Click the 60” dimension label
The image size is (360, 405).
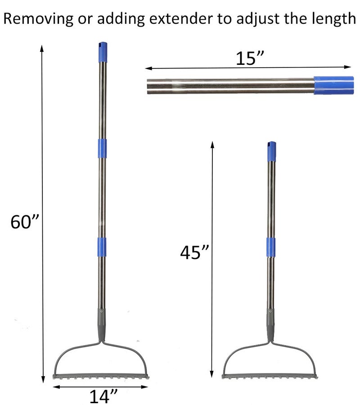pos(24,221)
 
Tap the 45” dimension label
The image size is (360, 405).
pos(194,252)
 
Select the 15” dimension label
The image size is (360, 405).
pos(250,58)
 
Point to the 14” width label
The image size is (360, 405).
pos(103,396)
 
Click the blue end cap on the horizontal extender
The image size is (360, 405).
pos(334,85)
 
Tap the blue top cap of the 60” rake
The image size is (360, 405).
pos(103,52)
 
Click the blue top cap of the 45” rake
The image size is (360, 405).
pos(271,151)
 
